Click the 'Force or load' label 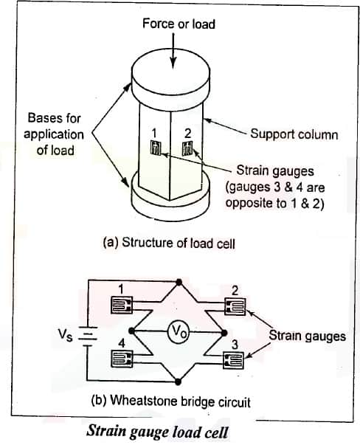[179, 24]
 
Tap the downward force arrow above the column [173, 51]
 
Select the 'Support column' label [294, 134]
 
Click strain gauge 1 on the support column [156, 148]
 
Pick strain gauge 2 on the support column [187, 148]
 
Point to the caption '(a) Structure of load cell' [170, 243]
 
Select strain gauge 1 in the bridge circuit [122, 305]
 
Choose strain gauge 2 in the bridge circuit [235, 306]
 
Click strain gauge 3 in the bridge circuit [233, 360]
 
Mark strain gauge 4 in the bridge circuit [122, 359]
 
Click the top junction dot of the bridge [179, 282]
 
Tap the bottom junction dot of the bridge [178, 382]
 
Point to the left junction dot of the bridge [131, 331]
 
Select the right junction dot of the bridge [224, 333]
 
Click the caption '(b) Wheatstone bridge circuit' [171, 401]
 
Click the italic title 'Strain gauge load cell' [157, 432]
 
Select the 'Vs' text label [66, 334]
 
